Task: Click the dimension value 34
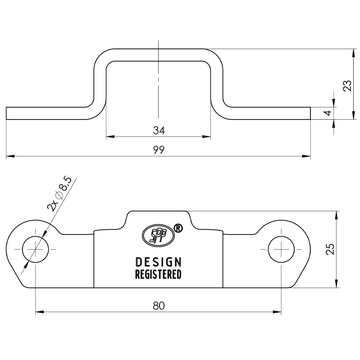coord(159,130)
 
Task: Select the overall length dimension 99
coord(159,150)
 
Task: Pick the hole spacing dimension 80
coord(159,306)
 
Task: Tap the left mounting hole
coord(36,249)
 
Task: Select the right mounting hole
coord(281,249)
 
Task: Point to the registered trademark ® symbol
coord(178,229)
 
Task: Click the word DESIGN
coord(159,262)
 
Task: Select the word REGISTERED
coord(159,274)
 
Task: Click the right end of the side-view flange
coord(310,113)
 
